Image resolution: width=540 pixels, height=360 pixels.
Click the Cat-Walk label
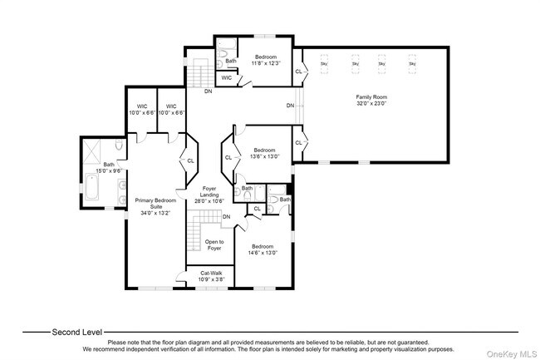pyautogui.click(x=211, y=272)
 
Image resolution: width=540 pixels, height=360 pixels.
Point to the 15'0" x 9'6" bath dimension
pyautogui.click(x=108, y=170)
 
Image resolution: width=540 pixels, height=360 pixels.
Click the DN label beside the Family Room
pyautogui.click(x=290, y=106)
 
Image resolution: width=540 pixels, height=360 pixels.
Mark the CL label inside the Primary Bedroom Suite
pyautogui.click(x=190, y=161)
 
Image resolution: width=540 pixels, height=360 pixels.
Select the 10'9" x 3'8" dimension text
pyautogui.click(x=211, y=279)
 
